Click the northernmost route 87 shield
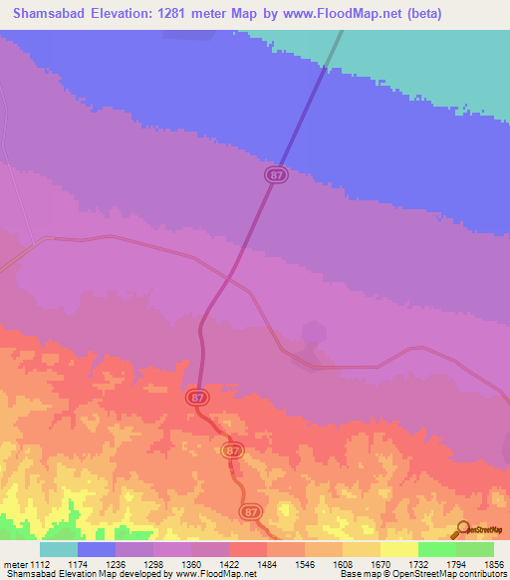coord(277,174)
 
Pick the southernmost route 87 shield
coord(250,511)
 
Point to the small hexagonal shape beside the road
coord(313,331)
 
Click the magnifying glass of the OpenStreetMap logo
coord(461,528)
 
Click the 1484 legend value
coord(267,565)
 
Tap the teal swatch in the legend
coord(59,549)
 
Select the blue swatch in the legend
coord(97,549)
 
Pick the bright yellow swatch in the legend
coord(399,549)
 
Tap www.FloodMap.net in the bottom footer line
coord(214,575)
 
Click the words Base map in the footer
coord(358,575)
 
